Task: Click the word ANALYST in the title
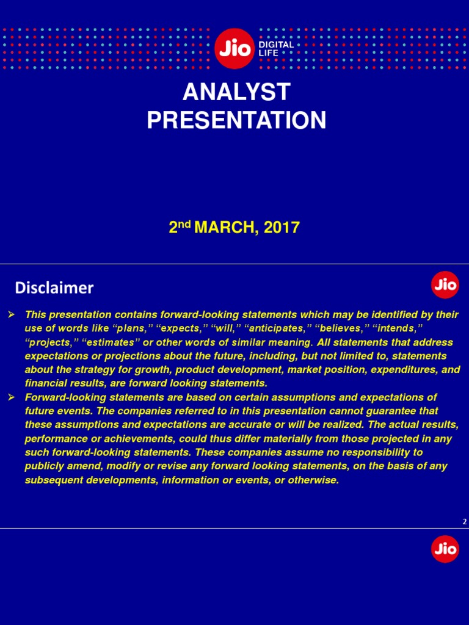pyautogui.click(x=236, y=92)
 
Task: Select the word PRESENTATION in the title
pyautogui.click(x=236, y=120)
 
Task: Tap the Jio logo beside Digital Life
pyautogui.click(x=235, y=49)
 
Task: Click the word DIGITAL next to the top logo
pyautogui.click(x=276, y=45)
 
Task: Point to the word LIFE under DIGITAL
pyautogui.click(x=268, y=54)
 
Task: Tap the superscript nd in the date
pyautogui.click(x=184, y=224)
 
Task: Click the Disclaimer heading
pyautogui.click(x=54, y=287)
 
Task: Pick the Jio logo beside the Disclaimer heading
pyautogui.click(x=445, y=285)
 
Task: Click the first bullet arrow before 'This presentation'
pyautogui.click(x=10, y=314)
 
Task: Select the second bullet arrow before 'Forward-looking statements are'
pyautogui.click(x=10, y=397)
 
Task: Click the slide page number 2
pyautogui.click(x=465, y=522)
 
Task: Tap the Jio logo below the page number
pyautogui.click(x=445, y=549)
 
